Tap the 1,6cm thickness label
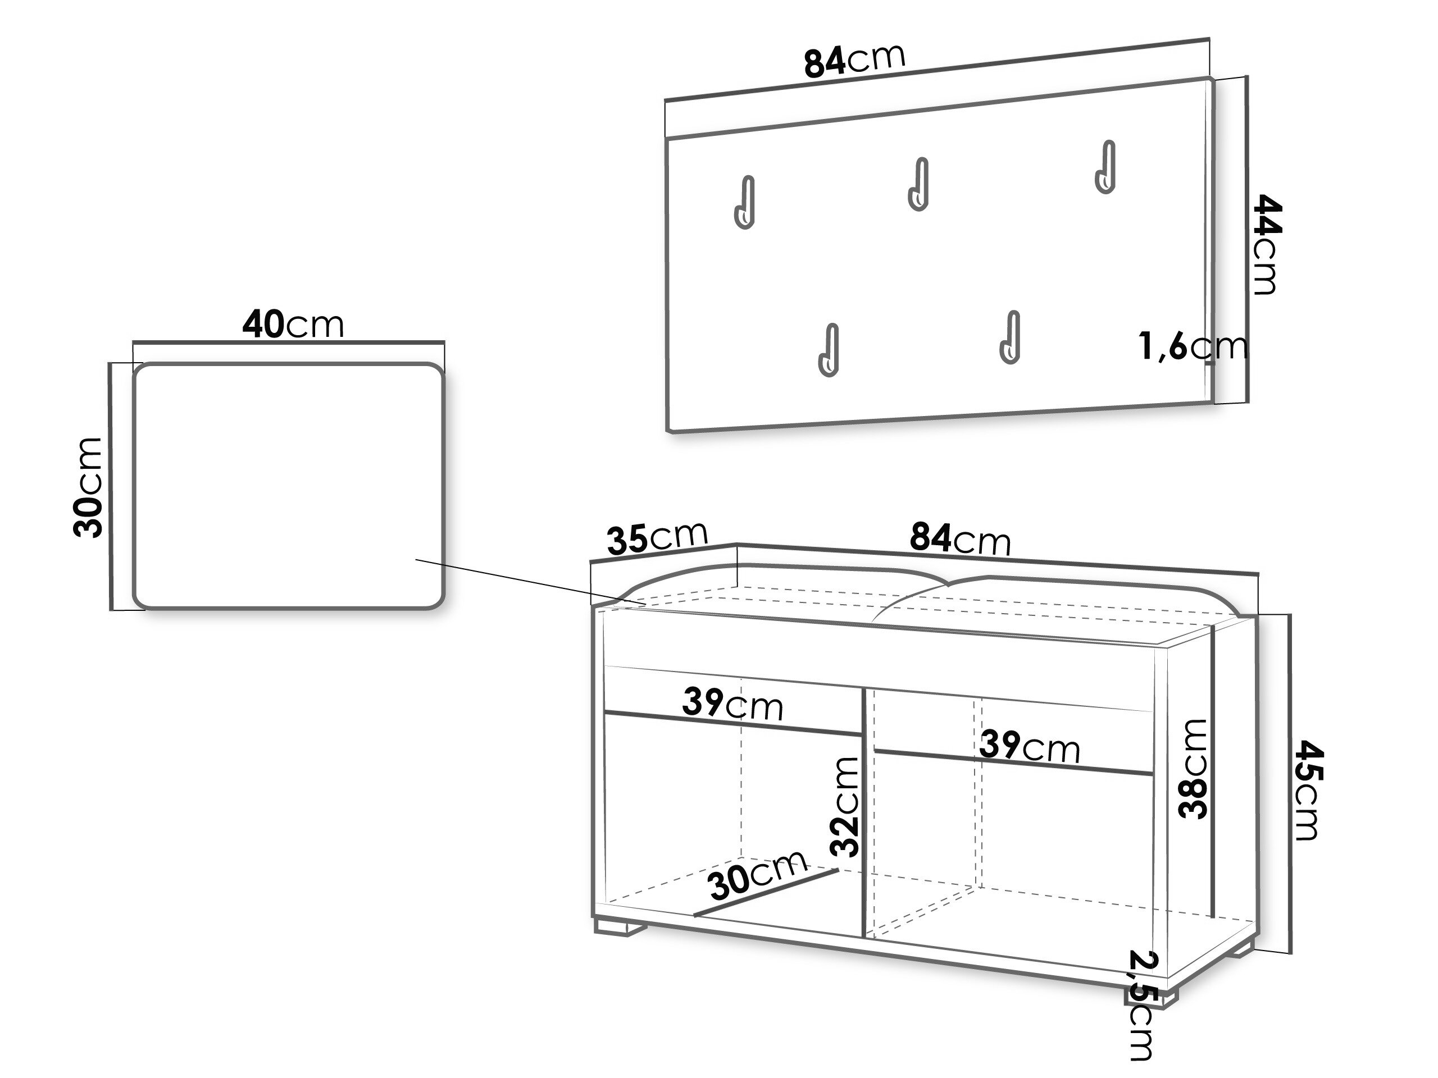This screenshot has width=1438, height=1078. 1193,346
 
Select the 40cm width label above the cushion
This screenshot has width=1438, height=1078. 293,325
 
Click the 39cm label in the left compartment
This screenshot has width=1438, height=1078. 732,704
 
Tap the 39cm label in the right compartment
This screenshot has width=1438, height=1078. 1030,746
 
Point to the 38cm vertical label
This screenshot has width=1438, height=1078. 1194,769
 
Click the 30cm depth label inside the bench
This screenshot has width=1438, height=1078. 758,876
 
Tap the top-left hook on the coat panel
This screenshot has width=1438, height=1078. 745,202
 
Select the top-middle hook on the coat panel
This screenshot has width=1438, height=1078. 918,184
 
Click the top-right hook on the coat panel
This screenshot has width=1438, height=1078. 1104,167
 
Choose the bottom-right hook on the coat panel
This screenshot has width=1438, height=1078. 1009,337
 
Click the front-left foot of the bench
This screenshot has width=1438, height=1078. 620,928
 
